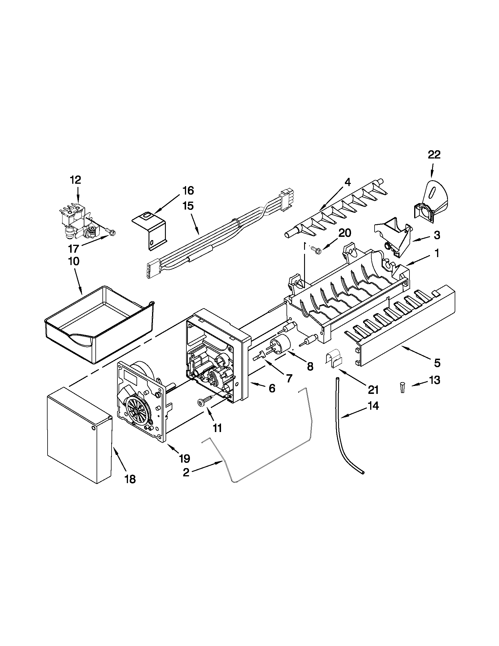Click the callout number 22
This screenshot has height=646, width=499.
click(434, 155)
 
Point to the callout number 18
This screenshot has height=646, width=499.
click(130, 479)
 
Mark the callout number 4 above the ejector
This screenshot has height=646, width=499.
click(348, 183)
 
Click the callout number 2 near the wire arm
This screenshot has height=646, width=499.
click(186, 472)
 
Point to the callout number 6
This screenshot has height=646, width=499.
click(272, 388)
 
